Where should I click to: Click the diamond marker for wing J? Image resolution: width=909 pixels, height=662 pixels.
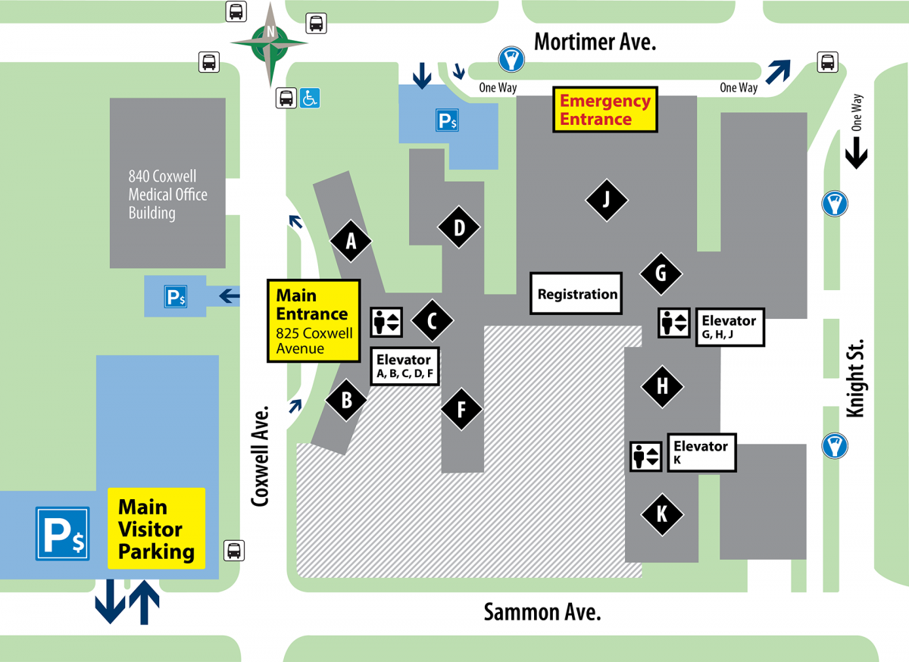pyautogui.click(x=606, y=200)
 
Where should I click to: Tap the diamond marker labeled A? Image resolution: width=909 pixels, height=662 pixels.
pyautogui.click(x=351, y=242)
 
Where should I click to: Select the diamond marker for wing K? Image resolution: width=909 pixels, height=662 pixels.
pyautogui.click(x=662, y=515)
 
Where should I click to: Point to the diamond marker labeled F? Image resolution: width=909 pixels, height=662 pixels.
pyautogui.click(x=461, y=410)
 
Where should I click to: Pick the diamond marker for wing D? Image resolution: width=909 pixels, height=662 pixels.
pyautogui.click(x=458, y=226)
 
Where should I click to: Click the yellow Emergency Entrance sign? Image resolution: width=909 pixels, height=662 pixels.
pyautogui.click(x=605, y=110)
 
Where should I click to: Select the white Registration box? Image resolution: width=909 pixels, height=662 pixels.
pyautogui.click(x=576, y=294)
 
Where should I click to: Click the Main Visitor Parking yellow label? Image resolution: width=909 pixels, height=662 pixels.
pyautogui.click(x=156, y=529)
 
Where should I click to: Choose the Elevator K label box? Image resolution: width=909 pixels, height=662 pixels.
pyautogui.click(x=701, y=452)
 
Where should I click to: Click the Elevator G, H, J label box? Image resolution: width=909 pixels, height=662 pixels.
pyautogui.click(x=730, y=327)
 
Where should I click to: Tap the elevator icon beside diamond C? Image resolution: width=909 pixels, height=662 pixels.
pyautogui.click(x=386, y=322)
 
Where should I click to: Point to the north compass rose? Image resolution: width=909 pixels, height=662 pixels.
pyautogui.click(x=270, y=42)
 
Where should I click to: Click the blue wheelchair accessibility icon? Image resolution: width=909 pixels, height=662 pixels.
pyautogui.click(x=310, y=98)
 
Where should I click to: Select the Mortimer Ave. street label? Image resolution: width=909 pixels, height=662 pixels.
pyautogui.click(x=595, y=42)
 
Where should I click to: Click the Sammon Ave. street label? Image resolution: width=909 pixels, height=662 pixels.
pyautogui.click(x=542, y=612)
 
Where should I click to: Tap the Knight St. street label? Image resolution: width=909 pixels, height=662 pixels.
pyautogui.click(x=854, y=378)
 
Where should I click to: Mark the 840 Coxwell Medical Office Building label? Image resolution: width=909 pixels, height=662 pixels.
pyautogui.click(x=167, y=195)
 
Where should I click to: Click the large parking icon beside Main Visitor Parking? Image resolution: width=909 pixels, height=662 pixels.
pyautogui.click(x=63, y=534)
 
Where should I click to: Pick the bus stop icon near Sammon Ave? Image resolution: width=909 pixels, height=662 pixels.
pyautogui.click(x=234, y=551)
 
